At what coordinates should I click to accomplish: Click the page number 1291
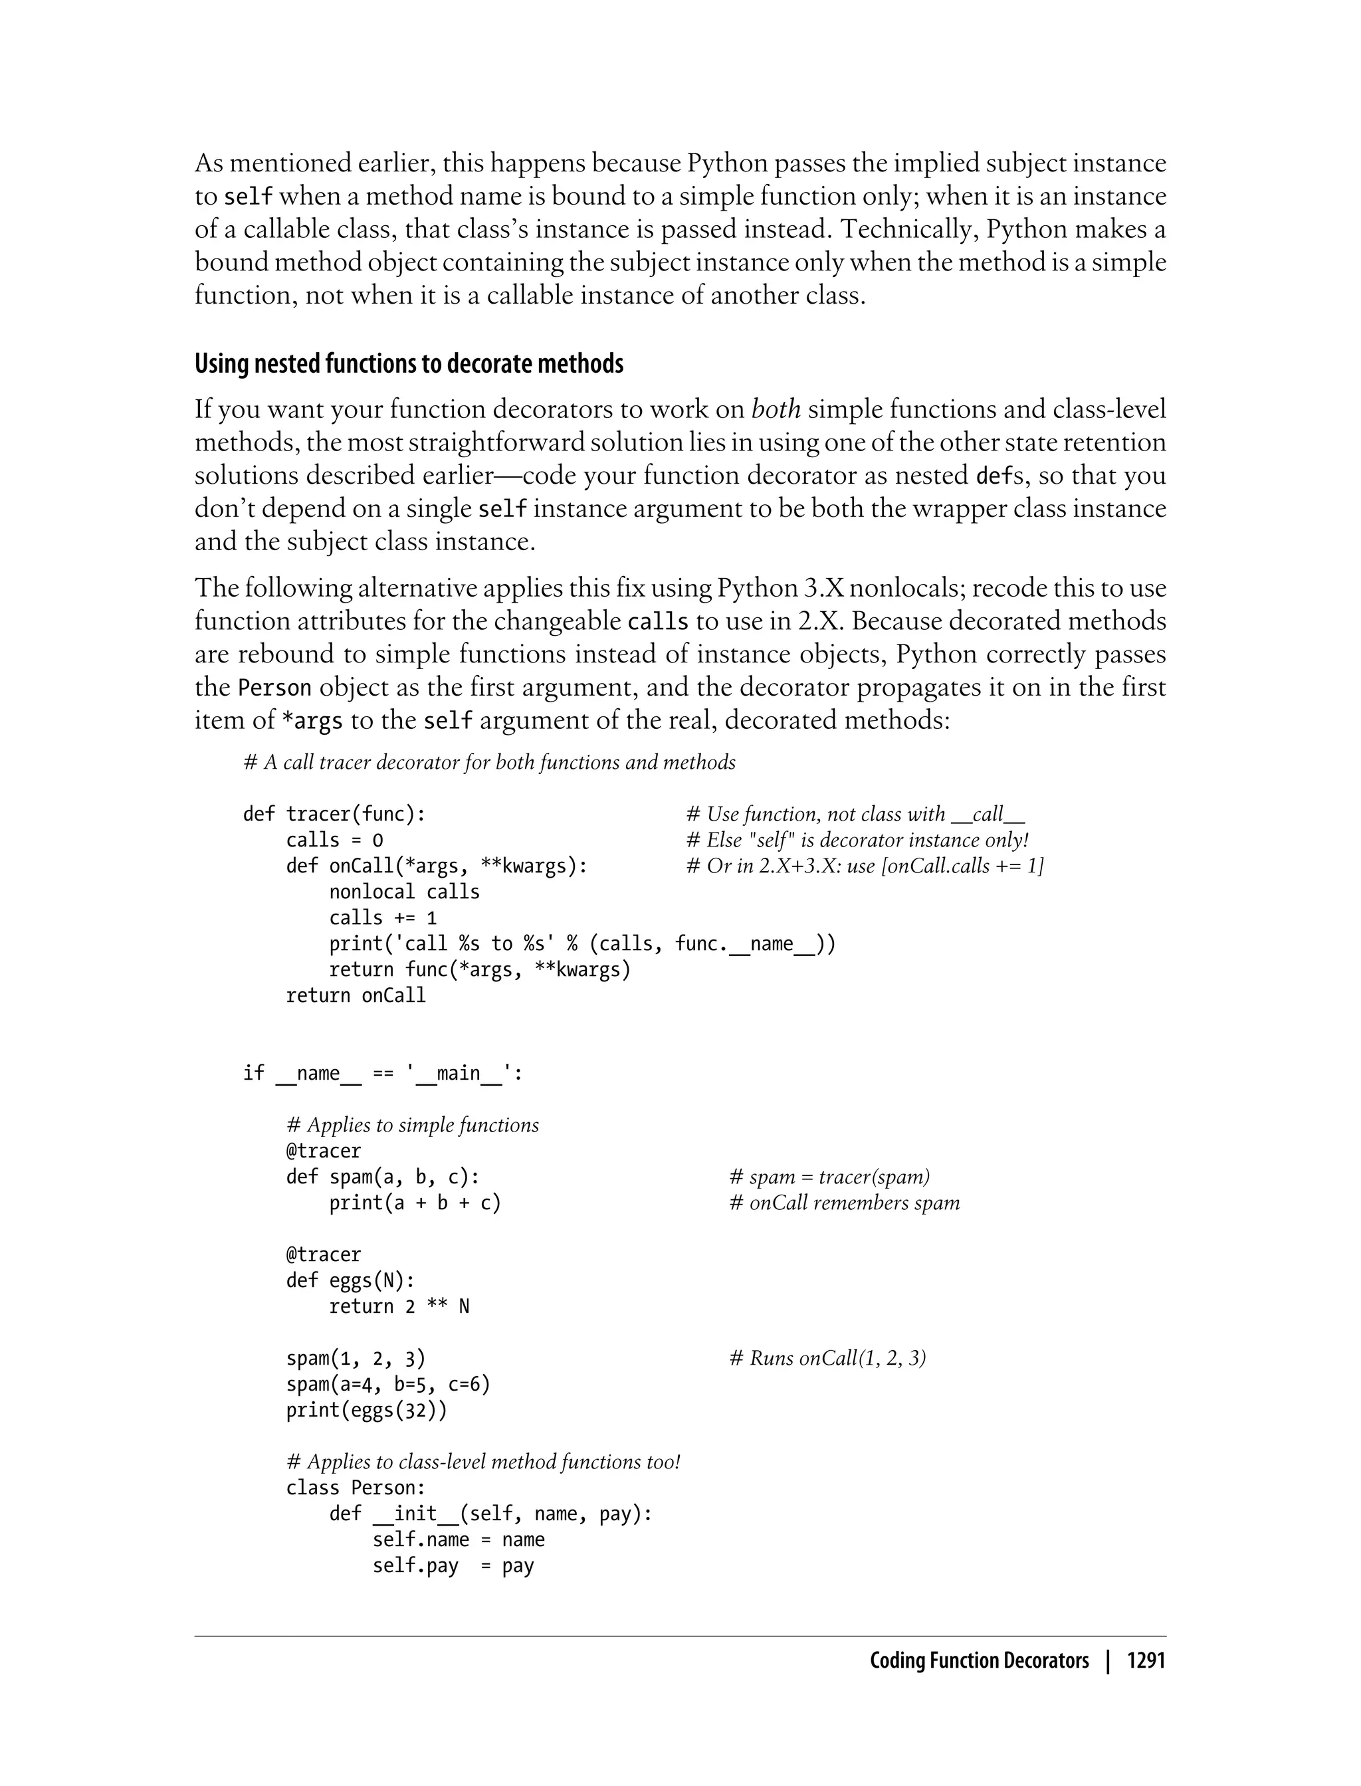pyautogui.click(x=1146, y=1661)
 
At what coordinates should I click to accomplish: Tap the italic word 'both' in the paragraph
pyautogui.click(x=776, y=409)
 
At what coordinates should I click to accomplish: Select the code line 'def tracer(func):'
pyautogui.click(x=334, y=814)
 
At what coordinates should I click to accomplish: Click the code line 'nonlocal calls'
pyautogui.click(x=403, y=892)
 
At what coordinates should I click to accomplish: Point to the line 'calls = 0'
pyautogui.click(x=334, y=840)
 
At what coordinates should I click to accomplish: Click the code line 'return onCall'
pyautogui.click(x=355, y=995)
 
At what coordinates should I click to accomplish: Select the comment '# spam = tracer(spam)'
pyautogui.click(x=829, y=1177)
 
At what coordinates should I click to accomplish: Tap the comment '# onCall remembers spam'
pyautogui.click(x=843, y=1203)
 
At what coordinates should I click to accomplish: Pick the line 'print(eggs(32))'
pyautogui.click(x=366, y=1410)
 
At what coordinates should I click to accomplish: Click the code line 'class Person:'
pyautogui.click(x=355, y=1488)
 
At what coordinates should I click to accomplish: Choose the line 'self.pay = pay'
pyautogui.click(x=452, y=1565)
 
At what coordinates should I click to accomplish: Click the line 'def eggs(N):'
pyautogui.click(x=350, y=1280)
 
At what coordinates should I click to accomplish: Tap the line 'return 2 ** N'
pyautogui.click(x=399, y=1306)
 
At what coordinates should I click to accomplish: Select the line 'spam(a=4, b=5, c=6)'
pyautogui.click(x=387, y=1384)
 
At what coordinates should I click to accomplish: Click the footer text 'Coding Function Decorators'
pyautogui.click(x=979, y=1661)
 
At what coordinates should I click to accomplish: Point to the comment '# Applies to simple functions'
pyautogui.click(x=411, y=1125)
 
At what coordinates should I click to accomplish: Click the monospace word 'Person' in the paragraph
pyautogui.click(x=274, y=688)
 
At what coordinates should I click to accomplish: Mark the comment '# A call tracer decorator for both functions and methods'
pyautogui.click(x=489, y=762)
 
